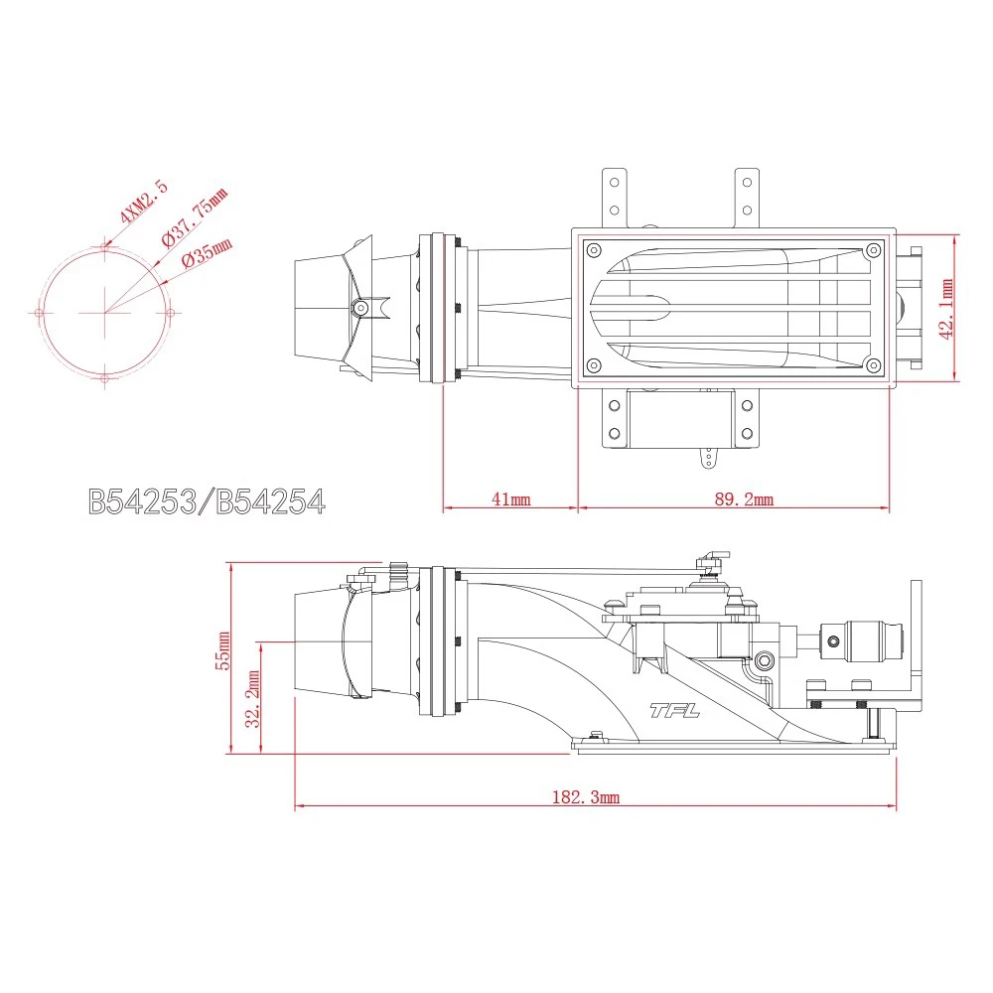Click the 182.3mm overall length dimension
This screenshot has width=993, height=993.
pos(585,797)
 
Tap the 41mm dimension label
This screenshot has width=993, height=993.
pos(510,499)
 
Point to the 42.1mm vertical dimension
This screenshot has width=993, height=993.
pos(945,308)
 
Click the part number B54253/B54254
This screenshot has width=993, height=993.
pos(207,501)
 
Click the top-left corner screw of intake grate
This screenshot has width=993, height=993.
pos(594,249)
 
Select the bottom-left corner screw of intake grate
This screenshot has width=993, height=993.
pos(594,366)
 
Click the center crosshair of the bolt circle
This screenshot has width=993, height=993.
pos(104,312)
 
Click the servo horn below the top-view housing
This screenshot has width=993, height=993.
pos(707,458)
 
